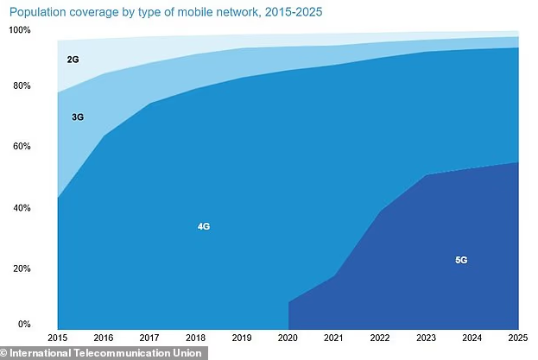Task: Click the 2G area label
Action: (x=73, y=60)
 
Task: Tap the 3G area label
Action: (x=77, y=116)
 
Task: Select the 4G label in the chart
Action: (x=204, y=226)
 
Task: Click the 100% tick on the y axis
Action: (x=19, y=30)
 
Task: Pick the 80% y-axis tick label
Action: (x=21, y=86)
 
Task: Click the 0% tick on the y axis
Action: (x=24, y=325)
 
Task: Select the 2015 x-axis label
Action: (x=58, y=337)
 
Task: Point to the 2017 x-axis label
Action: (x=149, y=337)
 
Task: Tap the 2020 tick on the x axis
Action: (x=288, y=337)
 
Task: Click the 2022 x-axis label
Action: (x=379, y=337)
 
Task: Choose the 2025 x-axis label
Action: (x=516, y=337)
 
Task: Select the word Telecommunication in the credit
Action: (x=122, y=352)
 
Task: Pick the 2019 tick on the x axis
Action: (x=242, y=337)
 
